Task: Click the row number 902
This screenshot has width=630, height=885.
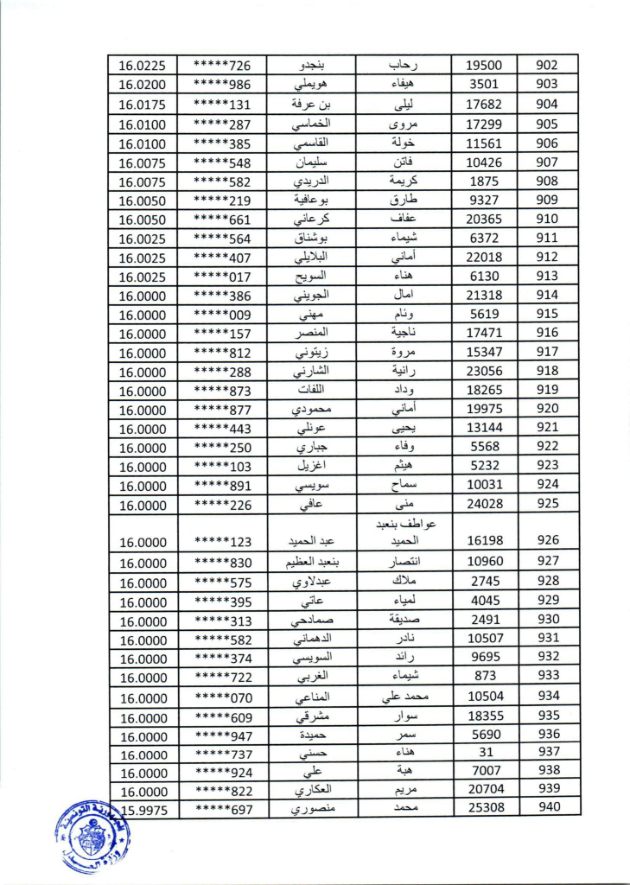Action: (x=547, y=65)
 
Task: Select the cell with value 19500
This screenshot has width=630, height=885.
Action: (x=485, y=65)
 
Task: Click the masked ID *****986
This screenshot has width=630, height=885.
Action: (x=222, y=85)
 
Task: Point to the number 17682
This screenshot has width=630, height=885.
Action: (x=485, y=104)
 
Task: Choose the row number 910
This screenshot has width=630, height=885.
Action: (x=547, y=219)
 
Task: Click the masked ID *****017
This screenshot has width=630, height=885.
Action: (x=222, y=277)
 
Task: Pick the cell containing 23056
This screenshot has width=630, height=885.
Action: (x=485, y=371)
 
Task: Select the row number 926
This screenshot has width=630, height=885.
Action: (x=547, y=540)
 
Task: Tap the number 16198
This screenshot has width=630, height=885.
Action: (x=485, y=540)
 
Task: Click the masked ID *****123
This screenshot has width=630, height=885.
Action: (x=222, y=542)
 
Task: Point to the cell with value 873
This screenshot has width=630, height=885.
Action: (x=485, y=676)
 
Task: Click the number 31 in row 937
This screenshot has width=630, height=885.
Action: (x=485, y=752)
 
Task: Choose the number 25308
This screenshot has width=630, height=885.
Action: (x=485, y=807)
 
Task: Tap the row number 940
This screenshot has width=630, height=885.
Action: (x=547, y=807)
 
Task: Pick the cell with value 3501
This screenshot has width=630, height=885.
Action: (x=485, y=84)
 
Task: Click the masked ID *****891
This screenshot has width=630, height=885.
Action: (x=222, y=486)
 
